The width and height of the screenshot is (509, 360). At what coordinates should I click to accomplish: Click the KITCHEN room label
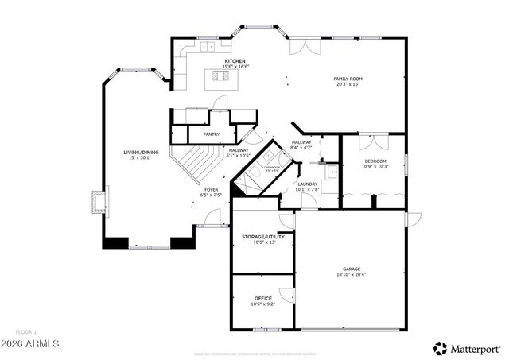235,61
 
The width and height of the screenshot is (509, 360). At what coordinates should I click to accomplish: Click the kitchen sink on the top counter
209,47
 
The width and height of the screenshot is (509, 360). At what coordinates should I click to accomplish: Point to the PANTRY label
211,134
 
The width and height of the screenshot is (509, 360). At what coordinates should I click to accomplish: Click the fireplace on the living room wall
98,200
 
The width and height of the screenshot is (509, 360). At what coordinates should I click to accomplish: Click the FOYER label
211,189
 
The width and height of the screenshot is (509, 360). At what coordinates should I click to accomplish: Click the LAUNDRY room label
307,184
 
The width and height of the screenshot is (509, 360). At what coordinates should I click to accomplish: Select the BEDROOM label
375,161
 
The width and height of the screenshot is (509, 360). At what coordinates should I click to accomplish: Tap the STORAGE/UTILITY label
262,237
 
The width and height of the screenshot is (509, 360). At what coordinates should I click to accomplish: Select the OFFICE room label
262,298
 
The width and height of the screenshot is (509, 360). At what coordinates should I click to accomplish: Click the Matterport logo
467,348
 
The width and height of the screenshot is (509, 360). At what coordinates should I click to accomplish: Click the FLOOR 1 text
25,331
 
